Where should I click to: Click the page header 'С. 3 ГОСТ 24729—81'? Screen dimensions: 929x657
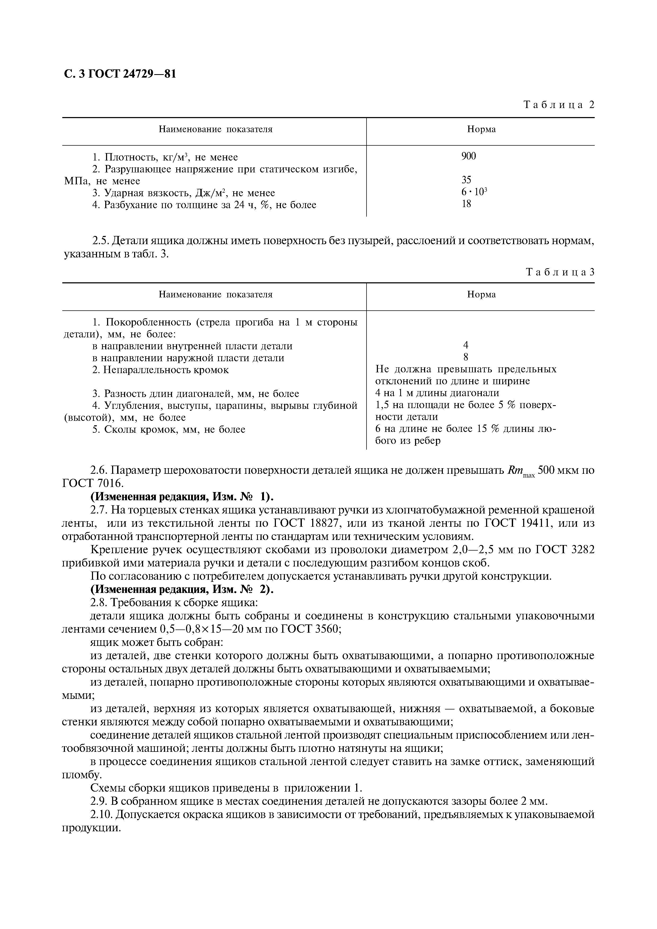point(120,74)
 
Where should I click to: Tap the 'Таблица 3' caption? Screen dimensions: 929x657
point(560,272)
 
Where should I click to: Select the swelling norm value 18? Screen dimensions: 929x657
point(466,204)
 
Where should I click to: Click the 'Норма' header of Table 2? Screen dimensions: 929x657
point(481,129)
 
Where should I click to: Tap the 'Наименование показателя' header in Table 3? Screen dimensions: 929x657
point(215,294)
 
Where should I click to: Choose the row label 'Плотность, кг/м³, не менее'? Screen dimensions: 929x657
point(165,157)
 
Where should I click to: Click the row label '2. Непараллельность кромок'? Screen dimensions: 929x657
point(160,370)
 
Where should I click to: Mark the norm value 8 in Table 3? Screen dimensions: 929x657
point(466,357)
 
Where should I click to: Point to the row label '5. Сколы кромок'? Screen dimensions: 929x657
point(168,429)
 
